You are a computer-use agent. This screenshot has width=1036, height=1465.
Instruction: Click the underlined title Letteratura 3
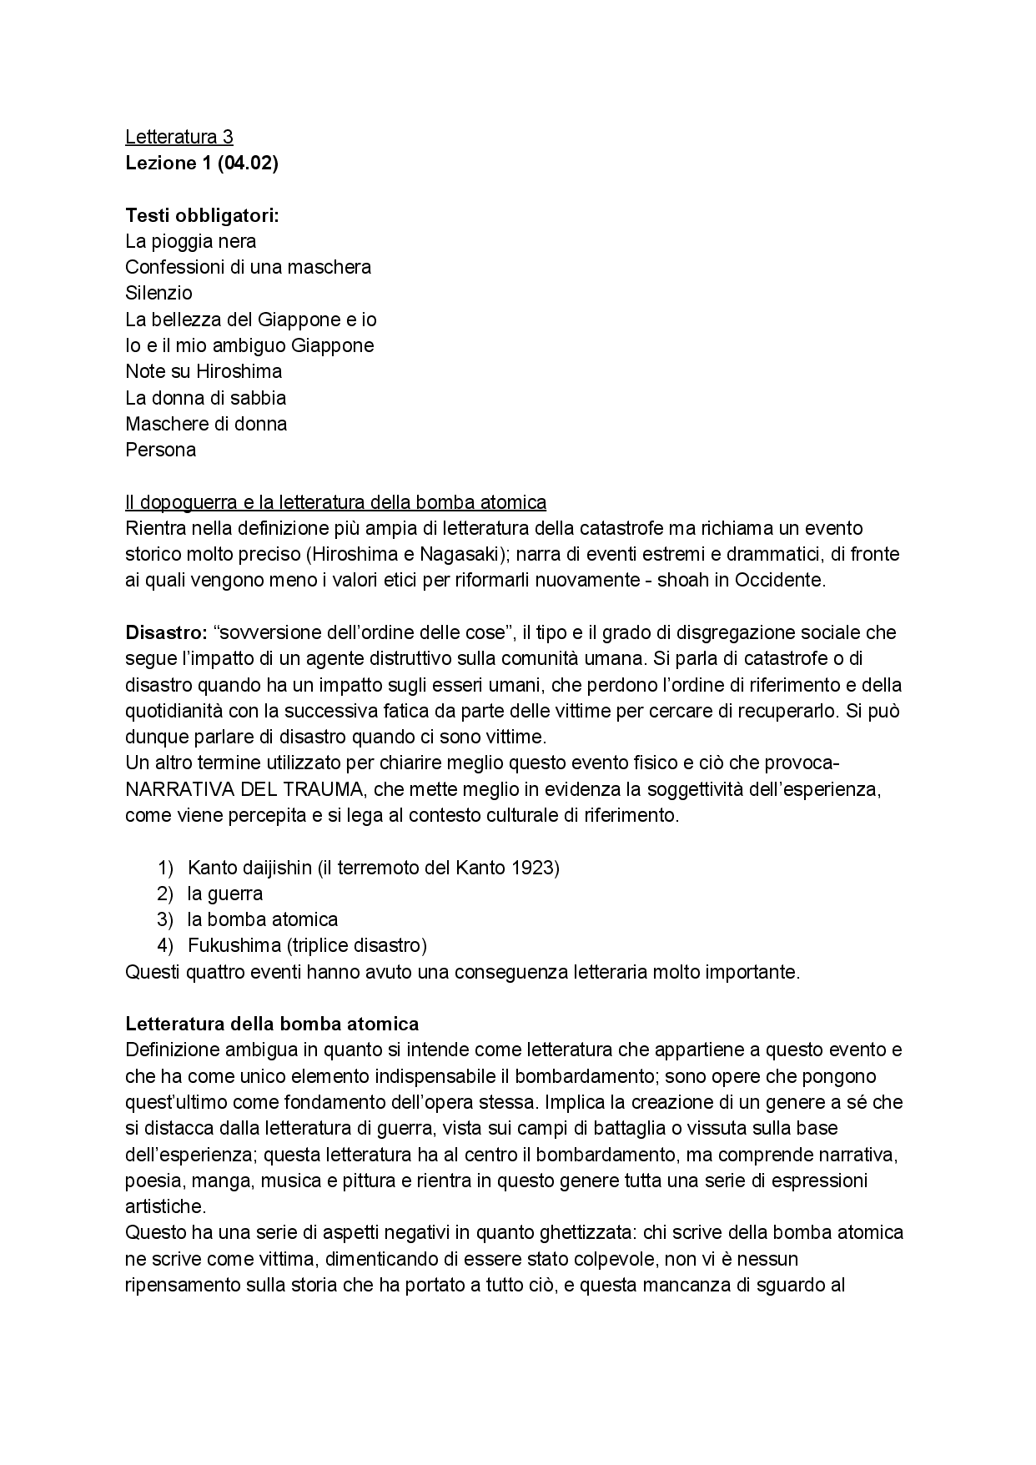pyautogui.click(x=179, y=137)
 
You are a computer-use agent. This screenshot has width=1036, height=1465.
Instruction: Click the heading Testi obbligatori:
pyautogui.click(x=202, y=215)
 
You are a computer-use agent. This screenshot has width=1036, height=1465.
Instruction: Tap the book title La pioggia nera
pyautogui.click(x=190, y=241)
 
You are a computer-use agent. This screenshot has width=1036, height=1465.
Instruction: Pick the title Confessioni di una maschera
pyautogui.click(x=248, y=267)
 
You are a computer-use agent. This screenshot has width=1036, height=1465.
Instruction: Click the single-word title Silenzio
pyautogui.click(x=158, y=293)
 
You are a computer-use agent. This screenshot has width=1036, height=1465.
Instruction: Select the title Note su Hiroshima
pyautogui.click(x=204, y=371)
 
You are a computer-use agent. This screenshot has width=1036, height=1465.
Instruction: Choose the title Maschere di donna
pyautogui.click(x=206, y=424)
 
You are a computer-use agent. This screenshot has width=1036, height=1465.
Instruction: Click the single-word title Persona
pyautogui.click(x=160, y=450)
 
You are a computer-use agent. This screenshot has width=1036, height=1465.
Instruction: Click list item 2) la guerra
pyautogui.click(x=224, y=894)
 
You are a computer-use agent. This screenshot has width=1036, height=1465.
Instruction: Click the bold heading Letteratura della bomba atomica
pyautogui.click(x=272, y=1024)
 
